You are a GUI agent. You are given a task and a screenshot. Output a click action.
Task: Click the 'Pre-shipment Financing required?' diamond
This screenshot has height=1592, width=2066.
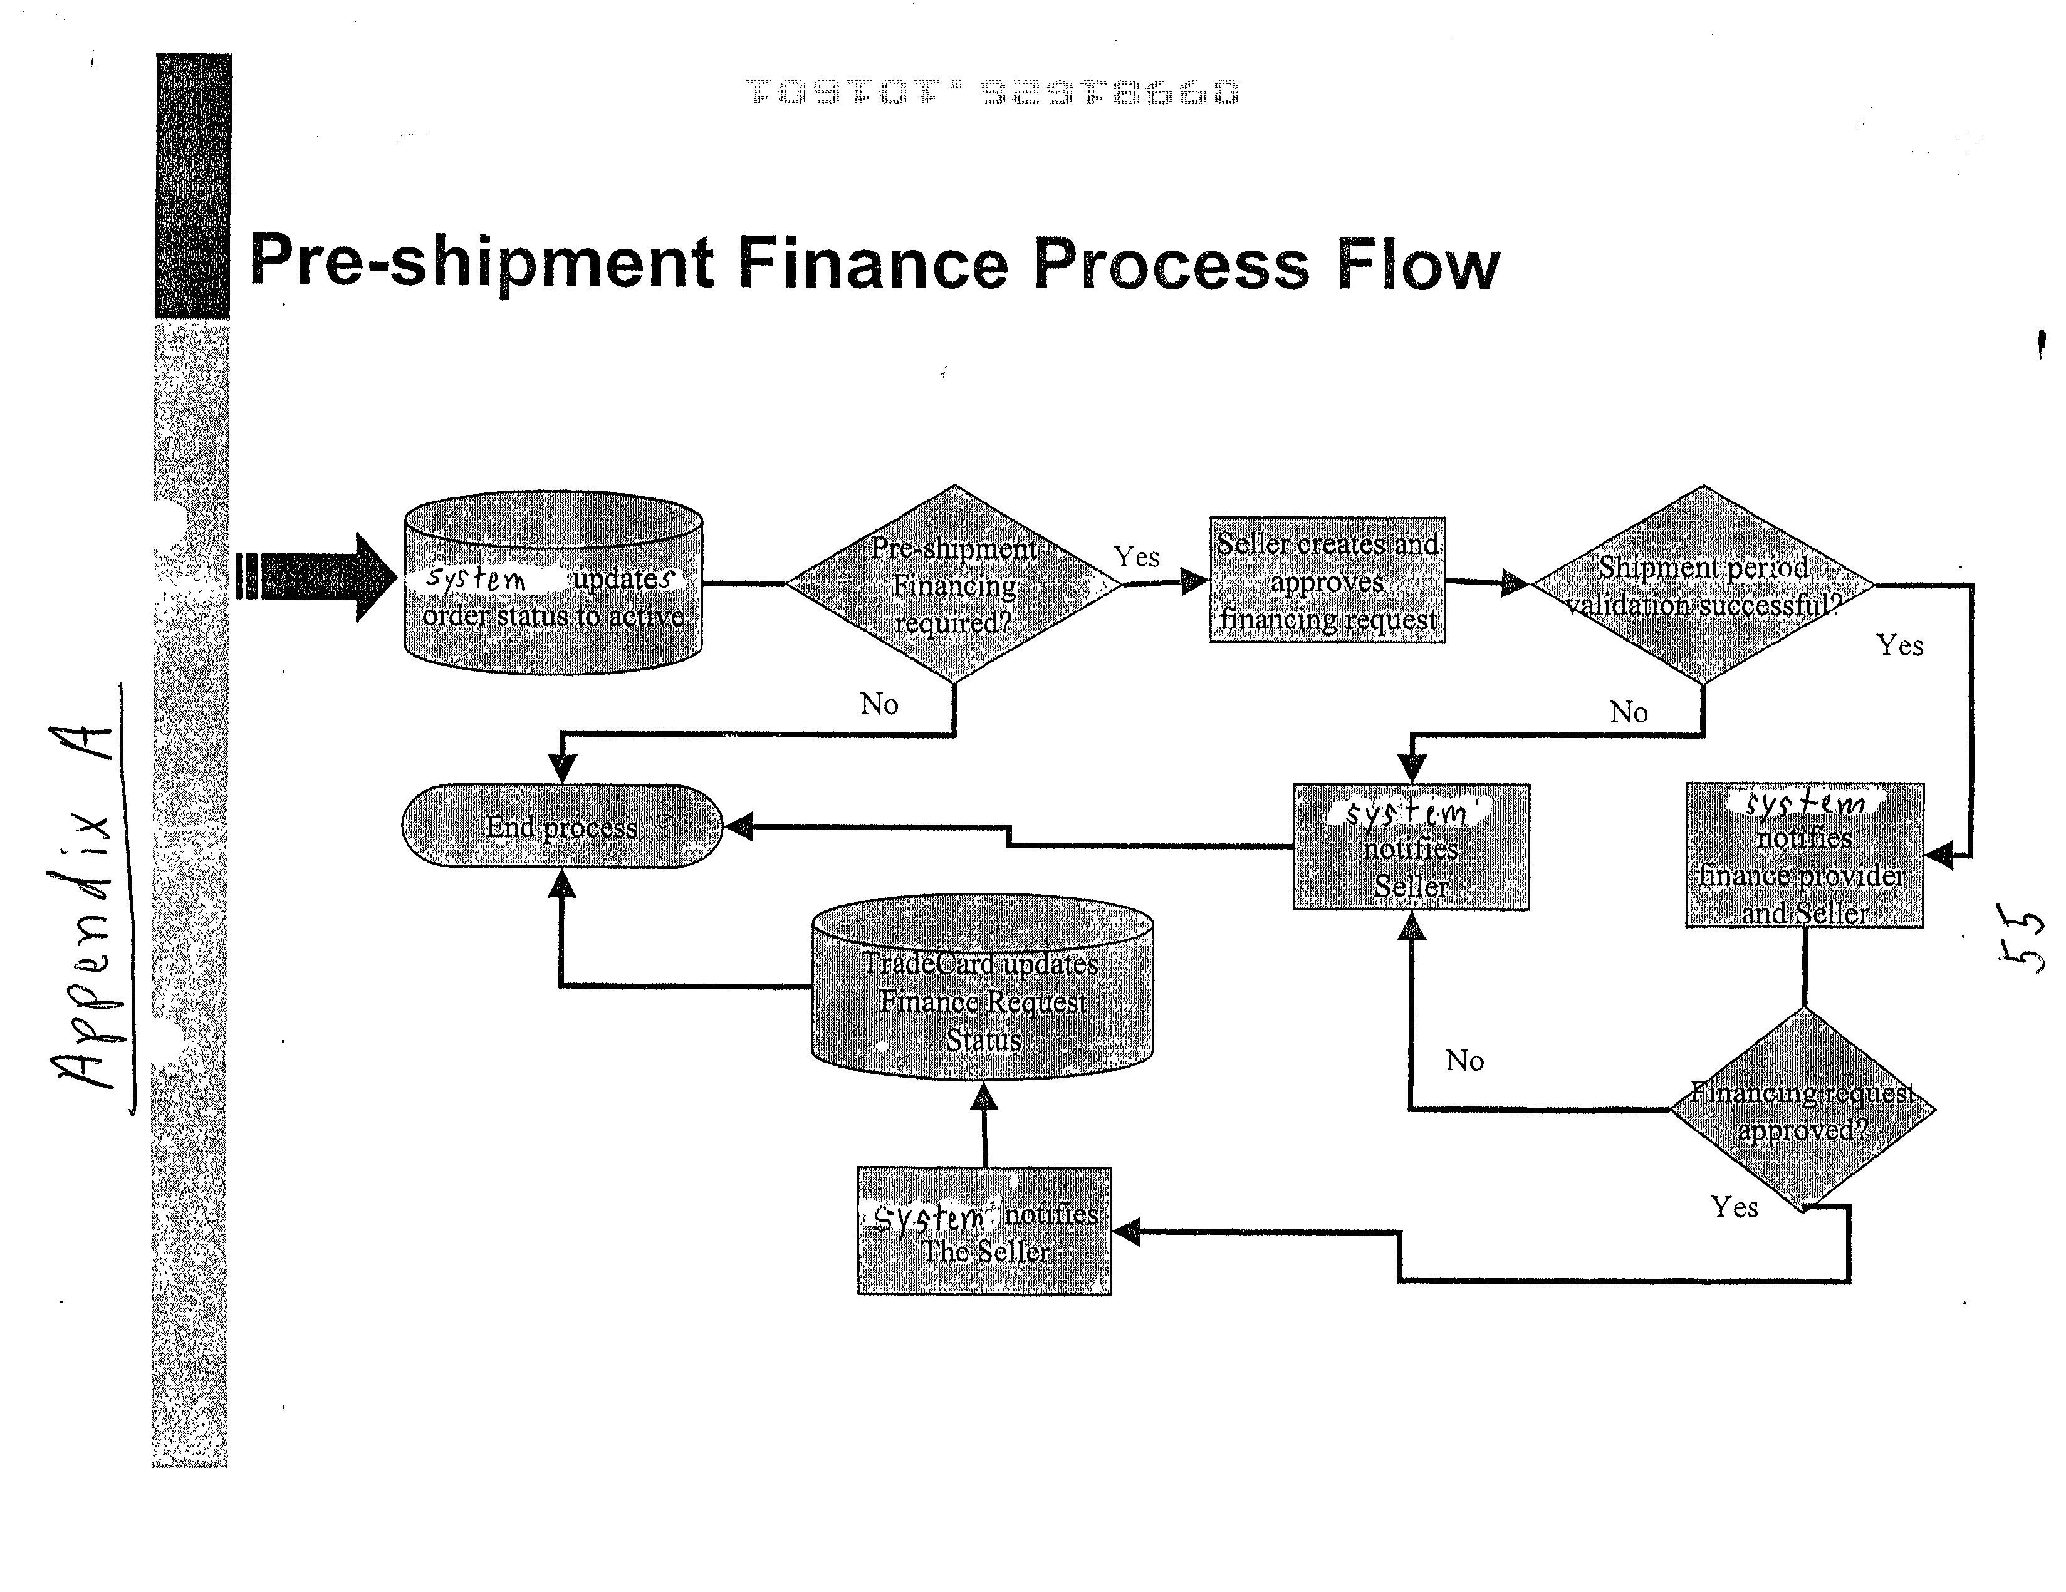(x=954, y=585)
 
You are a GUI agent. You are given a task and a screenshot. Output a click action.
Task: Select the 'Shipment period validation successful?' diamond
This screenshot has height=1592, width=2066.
(x=1702, y=585)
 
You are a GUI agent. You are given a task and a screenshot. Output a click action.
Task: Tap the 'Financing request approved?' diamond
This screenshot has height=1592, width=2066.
(x=1803, y=1110)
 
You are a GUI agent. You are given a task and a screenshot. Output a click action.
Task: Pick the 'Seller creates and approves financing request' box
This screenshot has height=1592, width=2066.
(x=1327, y=581)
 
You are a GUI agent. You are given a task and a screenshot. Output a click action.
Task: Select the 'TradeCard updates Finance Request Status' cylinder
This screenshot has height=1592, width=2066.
(x=983, y=989)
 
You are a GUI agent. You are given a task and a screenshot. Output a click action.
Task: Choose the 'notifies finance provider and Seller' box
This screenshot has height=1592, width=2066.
(x=1804, y=856)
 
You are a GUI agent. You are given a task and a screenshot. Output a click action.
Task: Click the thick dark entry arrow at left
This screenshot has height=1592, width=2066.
(x=317, y=577)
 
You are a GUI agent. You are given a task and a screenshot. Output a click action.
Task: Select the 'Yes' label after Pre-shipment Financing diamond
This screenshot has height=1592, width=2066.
(x=1136, y=557)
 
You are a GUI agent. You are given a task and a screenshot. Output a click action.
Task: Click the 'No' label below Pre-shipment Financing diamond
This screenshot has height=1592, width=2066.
(x=879, y=704)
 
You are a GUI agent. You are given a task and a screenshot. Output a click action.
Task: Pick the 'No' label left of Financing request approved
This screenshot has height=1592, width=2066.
(x=1464, y=1060)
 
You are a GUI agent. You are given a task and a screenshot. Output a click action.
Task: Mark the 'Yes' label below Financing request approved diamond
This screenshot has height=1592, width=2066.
(x=1734, y=1207)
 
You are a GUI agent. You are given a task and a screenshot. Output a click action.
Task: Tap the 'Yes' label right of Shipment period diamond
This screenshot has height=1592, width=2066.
(x=1899, y=646)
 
